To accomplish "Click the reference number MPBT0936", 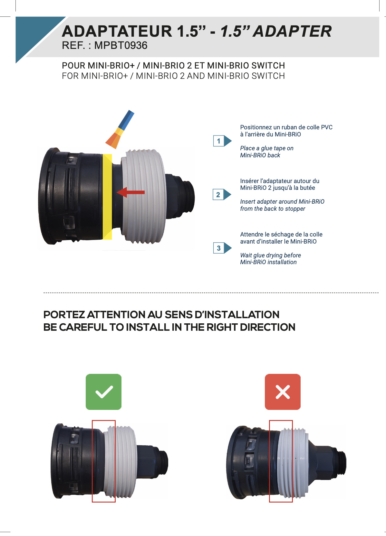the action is coord(121,45).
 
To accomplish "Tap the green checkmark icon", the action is coord(103,392).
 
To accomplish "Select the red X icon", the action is coord(283,392).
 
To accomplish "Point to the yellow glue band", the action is coord(107,197).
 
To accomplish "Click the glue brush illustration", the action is coord(120,129).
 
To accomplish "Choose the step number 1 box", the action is coord(218,141).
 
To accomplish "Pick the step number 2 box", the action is coord(218,195).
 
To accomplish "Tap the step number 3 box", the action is coord(218,248).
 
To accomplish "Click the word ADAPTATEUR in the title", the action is coord(117,31).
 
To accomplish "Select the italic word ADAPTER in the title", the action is coord(292,31).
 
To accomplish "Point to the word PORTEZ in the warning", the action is coord(64,315).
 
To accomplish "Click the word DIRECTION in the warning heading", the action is coord(267,327).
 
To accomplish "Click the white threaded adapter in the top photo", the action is coord(143,196).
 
